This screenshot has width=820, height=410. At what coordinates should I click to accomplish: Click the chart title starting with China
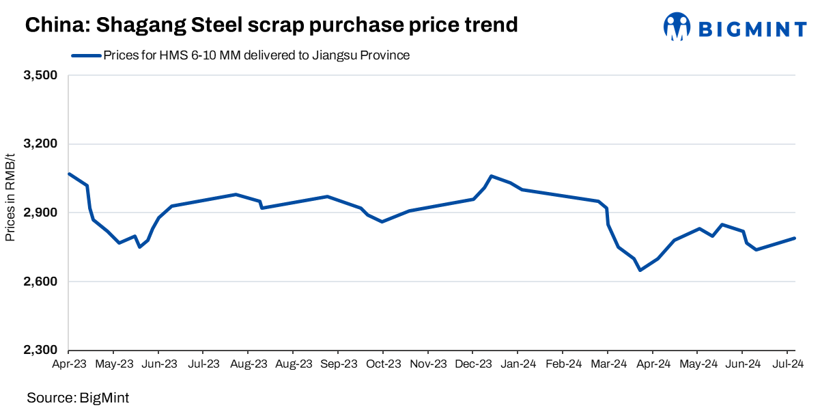coord(271,25)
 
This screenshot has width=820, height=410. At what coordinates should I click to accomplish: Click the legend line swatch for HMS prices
coord(85,56)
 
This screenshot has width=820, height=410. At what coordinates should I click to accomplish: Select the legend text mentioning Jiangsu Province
coord(256,56)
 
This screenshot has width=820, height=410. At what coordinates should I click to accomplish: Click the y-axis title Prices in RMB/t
coord(10,213)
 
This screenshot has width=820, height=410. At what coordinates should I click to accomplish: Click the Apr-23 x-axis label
coord(69,364)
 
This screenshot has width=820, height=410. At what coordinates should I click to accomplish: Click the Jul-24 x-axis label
coord(787,364)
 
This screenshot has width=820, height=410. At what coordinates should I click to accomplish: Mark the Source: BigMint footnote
coord(78,397)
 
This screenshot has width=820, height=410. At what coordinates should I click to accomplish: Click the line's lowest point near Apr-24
coord(640,271)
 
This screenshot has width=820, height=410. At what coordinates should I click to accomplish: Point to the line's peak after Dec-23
coord(492,176)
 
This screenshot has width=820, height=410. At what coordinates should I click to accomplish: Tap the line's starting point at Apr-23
coord(69,174)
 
